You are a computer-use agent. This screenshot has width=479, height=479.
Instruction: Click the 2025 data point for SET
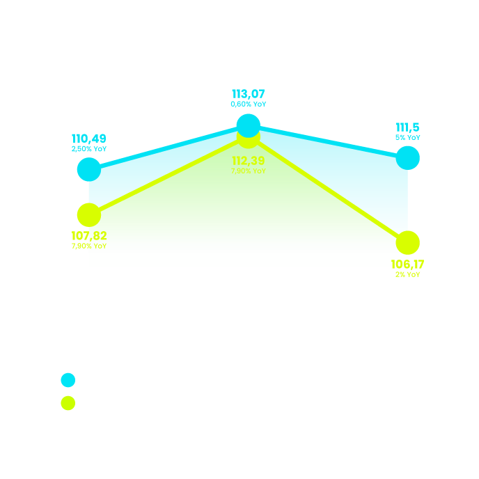point(89,169)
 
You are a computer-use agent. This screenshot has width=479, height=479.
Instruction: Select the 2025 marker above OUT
point(249,125)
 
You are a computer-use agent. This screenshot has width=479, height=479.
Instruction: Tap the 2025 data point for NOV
point(408,158)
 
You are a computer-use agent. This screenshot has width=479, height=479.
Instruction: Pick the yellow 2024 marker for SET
point(89,215)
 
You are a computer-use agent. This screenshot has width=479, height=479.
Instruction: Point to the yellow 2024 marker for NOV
point(408,243)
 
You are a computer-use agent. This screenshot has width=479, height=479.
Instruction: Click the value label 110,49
point(89,139)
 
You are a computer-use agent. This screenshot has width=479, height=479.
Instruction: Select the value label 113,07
point(249,94)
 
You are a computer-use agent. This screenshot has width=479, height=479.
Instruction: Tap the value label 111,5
point(408,127)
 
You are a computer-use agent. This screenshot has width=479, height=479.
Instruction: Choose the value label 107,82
point(89,236)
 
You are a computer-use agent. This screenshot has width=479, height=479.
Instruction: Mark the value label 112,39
point(249,162)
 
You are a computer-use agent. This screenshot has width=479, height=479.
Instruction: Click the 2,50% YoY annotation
point(89,149)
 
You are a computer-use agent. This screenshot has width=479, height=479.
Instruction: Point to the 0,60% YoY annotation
point(249,104)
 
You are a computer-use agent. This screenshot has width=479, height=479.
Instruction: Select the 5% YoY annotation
point(408,138)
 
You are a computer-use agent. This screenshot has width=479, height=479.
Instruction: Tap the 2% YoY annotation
point(408,275)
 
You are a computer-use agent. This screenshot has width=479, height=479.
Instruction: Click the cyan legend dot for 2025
point(68,380)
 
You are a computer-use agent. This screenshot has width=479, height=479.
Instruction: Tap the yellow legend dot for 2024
point(68,403)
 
